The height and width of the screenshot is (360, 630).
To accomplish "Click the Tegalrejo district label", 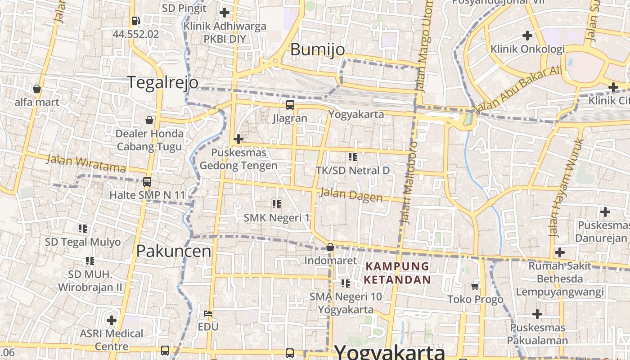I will (162, 82).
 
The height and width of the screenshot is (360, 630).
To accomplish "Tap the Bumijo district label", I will (317, 49).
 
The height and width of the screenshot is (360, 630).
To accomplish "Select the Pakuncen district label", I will (174, 251).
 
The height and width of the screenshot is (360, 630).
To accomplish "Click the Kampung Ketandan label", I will (397, 273).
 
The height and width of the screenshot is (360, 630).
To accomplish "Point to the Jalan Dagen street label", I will (351, 195).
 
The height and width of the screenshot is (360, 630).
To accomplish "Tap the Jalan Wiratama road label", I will (86, 163).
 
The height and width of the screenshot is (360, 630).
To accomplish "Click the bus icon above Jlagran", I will (290, 105).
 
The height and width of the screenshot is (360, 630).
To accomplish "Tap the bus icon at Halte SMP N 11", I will (147, 182).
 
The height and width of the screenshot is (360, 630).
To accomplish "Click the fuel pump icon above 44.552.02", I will (135, 21).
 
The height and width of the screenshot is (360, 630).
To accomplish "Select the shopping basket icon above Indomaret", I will (330, 247).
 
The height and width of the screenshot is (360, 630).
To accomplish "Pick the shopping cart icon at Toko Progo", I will (475, 286).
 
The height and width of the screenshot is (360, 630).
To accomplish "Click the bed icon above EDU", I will (208, 313).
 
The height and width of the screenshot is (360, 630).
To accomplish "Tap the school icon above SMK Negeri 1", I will (277, 204).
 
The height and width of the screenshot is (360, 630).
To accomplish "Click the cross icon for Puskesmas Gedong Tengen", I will (238, 139).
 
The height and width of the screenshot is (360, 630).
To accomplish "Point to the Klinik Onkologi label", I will (527, 49).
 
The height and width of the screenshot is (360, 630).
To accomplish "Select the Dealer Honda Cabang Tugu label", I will (150, 140).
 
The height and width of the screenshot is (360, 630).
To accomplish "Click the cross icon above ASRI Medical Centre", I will (112, 320).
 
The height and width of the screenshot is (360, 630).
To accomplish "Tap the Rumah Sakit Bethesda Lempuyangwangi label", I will (559, 279).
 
